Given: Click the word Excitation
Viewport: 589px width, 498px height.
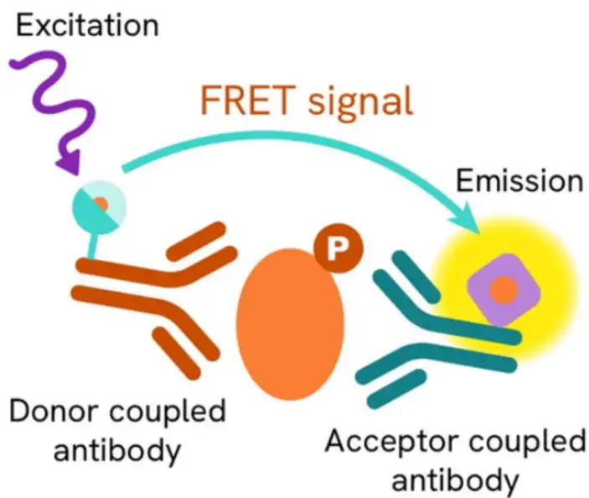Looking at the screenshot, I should click(x=87, y=24).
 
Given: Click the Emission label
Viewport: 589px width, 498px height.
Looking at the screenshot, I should click(x=519, y=179).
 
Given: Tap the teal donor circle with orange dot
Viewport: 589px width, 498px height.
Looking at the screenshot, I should click(x=100, y=204).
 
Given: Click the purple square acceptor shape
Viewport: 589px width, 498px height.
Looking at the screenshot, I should click(x=503, y=289).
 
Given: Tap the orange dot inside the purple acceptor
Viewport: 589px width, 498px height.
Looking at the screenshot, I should click(x=503, y=289).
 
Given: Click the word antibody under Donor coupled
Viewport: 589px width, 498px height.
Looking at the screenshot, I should click(x=117, y=451).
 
